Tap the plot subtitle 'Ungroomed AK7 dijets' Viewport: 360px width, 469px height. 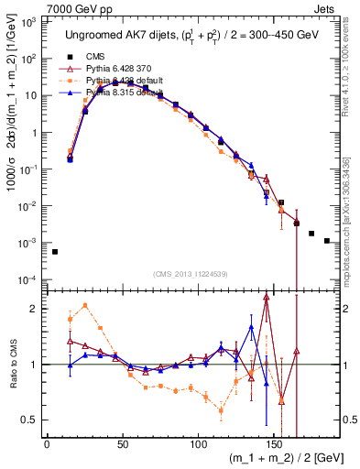(x=116, y=35)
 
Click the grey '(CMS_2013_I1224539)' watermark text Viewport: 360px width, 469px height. (x=190, y=273)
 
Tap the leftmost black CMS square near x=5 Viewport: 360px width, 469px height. (x=54, y=251)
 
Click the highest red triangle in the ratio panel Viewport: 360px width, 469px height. (x=266, y=297)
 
